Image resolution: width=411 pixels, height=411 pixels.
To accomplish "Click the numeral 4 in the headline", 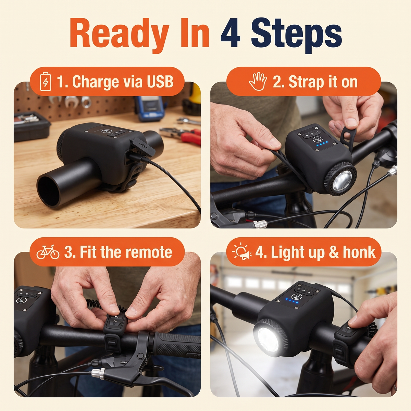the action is tap(231, 35).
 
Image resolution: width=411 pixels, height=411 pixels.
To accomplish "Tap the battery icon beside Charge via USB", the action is tap(46, 82).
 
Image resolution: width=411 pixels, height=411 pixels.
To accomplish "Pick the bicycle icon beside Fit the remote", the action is tap(48, 252).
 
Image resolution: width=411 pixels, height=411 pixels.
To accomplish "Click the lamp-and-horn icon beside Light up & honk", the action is tap(242, 251).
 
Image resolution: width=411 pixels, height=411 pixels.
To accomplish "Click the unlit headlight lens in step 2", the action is tap(342, 180).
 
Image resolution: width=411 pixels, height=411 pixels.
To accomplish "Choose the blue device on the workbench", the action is tap(150, 108).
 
